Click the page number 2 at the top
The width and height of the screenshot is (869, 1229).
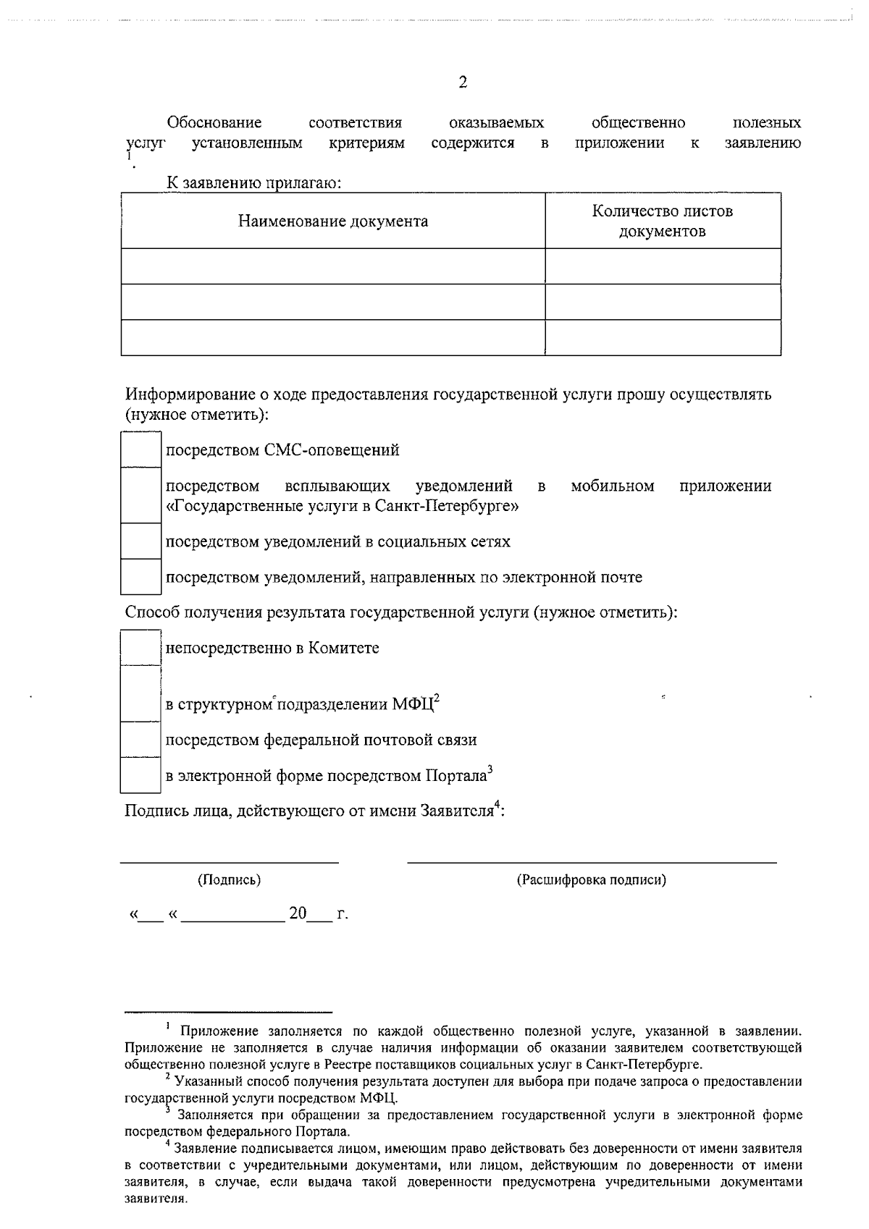(463, 83)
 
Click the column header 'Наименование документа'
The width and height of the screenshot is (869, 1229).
(333, 221)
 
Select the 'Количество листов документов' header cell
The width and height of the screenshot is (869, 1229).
(662, 221)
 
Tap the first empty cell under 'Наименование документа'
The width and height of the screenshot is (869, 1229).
(333, 266)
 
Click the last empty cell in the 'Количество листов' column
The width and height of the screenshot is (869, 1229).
(662, 337)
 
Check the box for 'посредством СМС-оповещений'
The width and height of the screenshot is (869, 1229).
(140, 450)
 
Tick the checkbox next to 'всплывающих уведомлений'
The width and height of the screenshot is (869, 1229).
(140, 496)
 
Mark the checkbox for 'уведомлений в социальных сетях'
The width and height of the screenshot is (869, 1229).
(140, 541)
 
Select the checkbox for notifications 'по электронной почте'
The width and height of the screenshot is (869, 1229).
(140, 577)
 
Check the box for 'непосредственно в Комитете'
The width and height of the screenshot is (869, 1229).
(140, 648)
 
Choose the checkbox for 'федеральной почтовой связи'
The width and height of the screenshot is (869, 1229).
(140, 740)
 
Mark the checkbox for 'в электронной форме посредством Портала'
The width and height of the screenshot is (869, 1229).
(140, 775)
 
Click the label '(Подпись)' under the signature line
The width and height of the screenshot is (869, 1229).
(230, 880)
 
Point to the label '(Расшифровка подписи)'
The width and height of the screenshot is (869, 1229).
(591, 880)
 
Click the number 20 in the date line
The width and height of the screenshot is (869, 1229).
(298, 914)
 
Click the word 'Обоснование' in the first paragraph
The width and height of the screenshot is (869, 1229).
(214, 123)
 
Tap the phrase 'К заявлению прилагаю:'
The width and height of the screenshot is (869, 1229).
(254, 183)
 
